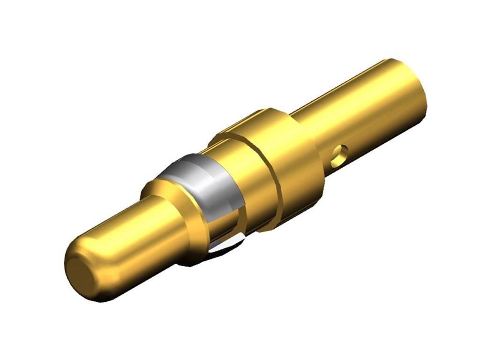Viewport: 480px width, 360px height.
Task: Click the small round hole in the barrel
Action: pos(339,156)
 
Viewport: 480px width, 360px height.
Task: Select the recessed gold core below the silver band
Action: pos(220,230)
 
